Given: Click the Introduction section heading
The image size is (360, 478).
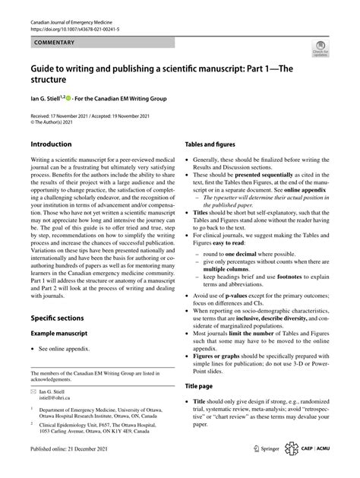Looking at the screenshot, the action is point(52,144).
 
